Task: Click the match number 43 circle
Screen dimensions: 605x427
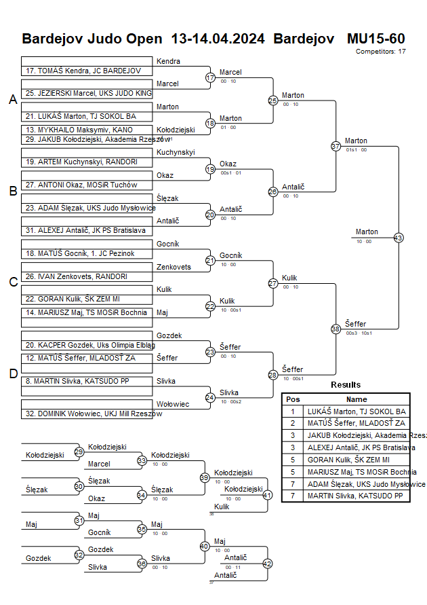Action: coord(398,238)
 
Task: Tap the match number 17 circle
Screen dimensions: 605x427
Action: coord(210,77)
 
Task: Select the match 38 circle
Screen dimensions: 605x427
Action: coord(335,329)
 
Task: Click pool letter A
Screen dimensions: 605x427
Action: coord(13,100)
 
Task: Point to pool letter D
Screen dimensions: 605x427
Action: coord(13,373)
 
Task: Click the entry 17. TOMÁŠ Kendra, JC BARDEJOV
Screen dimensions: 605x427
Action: coord(83,71)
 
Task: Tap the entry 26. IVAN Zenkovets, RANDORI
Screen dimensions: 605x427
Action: coord(77,276)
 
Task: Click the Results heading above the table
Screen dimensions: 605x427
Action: coord(346,385)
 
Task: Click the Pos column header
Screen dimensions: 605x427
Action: coord(293,400)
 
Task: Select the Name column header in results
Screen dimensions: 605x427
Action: coord(357,400)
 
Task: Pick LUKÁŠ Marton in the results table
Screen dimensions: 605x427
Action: coord(357,411)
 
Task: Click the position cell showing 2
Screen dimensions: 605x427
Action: coord(293,423)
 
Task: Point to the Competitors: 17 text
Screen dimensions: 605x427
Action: coord(380,51)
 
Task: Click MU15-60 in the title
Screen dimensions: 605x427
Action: coord(375,38)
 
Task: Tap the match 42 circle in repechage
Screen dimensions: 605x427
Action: coord(267,563)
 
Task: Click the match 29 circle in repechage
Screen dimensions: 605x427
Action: coord(79,452)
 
